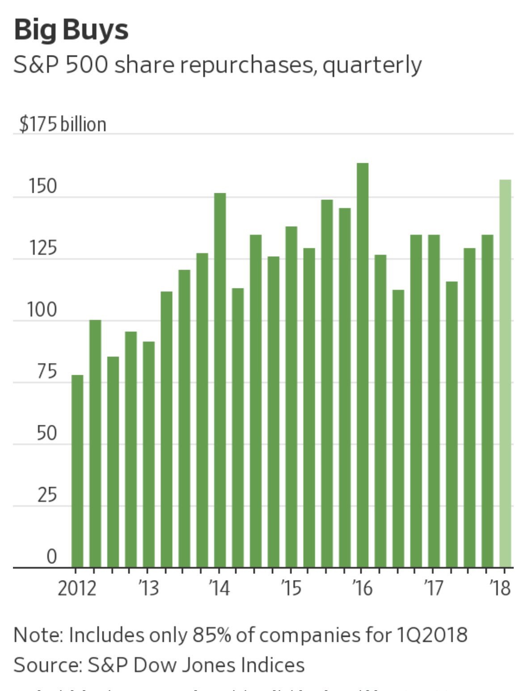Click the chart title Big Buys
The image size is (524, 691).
pos(71,30)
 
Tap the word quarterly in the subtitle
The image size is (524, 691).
pos(372,65)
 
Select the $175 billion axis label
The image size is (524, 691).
pos(63,124)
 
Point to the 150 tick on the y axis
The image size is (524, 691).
pos(43,187)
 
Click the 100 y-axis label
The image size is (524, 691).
pos(42,310)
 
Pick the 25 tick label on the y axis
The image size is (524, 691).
pos(46,495)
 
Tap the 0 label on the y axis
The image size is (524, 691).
pos(52,557)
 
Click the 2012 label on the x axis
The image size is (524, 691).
pos(76,588)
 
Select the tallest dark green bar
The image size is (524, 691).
pos(363,365)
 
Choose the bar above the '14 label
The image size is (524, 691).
pos(220,380)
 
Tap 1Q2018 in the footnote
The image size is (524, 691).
pos(431,635)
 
